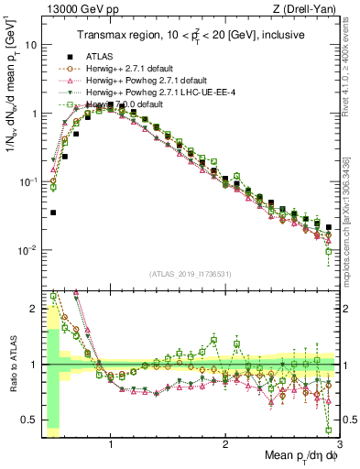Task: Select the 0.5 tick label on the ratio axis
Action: point(27,420)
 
